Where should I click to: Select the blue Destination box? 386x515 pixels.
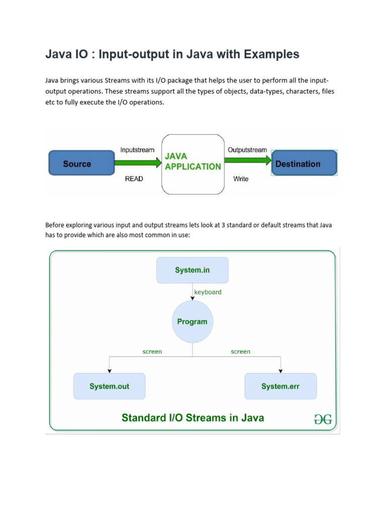coord(304,164)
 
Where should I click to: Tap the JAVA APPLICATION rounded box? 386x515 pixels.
coord(192,164)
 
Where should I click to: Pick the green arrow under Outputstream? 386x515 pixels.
coord(247,160)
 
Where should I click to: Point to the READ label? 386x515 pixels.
coord(134,179)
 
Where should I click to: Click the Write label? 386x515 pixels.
coord(241,179)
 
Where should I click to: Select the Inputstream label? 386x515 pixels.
coord(138,150)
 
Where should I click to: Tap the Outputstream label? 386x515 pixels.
coord(248,150)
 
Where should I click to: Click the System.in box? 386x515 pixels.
coord(192,270)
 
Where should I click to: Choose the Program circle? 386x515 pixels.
coord(192,321)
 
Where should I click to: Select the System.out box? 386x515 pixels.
coord(109,386)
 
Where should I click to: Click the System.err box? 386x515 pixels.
coord(280,386)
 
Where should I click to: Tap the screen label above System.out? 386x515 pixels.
coord(152,352)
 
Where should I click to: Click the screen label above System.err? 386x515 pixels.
coord(240,352)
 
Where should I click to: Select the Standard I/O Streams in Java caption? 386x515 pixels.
coord(192,417)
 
